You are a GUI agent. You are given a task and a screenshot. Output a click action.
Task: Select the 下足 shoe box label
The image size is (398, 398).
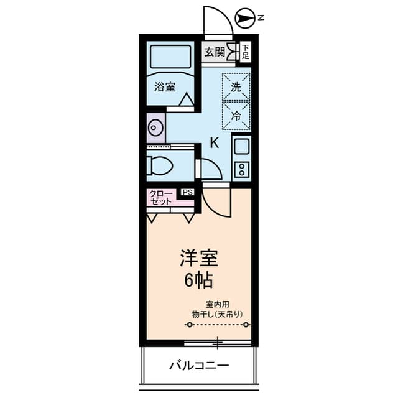click(x=246, y=52)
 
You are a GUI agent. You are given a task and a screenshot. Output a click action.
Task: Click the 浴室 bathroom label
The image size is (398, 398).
click(x=165, y=88)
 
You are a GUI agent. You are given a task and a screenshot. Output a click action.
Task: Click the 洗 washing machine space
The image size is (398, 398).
click(x=236, y=88)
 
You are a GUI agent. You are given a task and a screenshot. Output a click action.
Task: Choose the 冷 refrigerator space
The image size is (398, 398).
click(x=236, y=115)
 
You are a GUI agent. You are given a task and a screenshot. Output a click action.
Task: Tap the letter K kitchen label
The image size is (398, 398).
click(x=215, y=142)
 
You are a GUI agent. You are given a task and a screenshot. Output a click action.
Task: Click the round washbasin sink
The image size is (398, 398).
click(x=155, y=128)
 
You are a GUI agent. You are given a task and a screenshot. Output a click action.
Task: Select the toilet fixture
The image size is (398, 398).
click(x=164, y=165)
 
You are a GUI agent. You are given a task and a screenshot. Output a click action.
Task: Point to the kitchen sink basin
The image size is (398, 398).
click(x=241, y=147)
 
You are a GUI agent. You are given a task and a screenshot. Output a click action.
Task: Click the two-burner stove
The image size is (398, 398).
click(x=241, y=169)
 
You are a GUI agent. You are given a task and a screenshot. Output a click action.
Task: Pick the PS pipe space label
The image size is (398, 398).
click(x=187, y=192)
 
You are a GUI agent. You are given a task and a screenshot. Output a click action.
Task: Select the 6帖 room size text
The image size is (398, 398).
click(x=198, y=280)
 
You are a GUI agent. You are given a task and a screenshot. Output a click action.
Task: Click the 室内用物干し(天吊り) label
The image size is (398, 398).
click(x=217, y=309)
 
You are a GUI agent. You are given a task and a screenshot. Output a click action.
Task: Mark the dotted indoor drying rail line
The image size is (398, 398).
click(x=218, y=325)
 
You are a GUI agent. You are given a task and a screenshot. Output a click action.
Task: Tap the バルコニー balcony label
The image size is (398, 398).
click(x=199, y=364)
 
